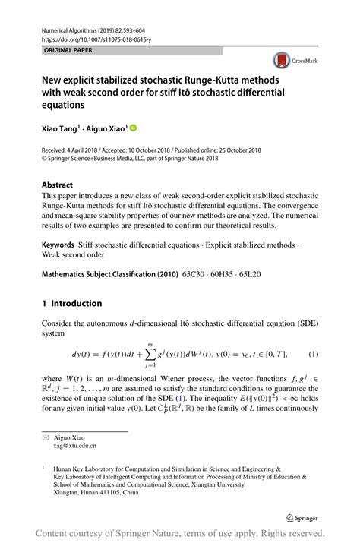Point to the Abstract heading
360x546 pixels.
(58, 185)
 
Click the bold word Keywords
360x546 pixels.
(58, 245)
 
